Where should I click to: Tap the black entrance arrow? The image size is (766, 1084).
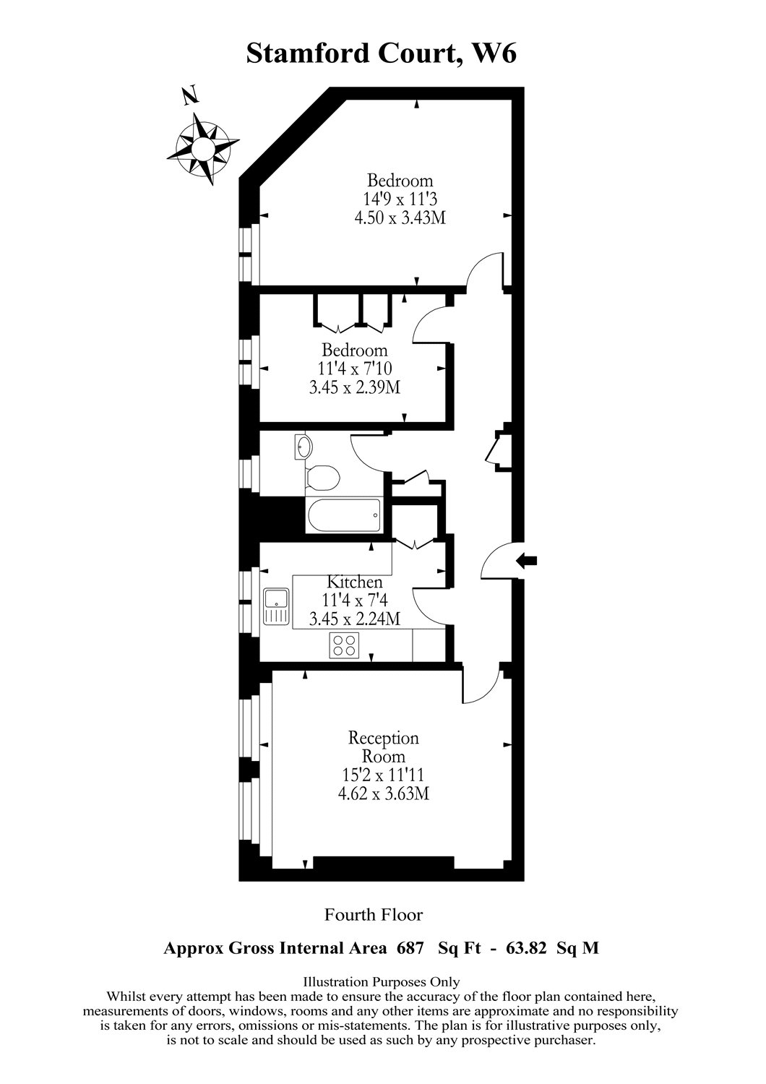point(527,559)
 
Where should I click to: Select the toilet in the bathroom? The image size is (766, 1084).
point(322,478)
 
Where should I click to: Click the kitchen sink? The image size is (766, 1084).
point(276,606)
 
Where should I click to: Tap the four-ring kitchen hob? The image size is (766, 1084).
point(345,645)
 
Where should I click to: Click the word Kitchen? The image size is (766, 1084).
point(355,582)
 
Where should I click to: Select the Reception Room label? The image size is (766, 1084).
point(384,747)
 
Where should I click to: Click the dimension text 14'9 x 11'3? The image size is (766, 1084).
point(400,199)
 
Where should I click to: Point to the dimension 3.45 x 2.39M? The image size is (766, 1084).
point(354,388)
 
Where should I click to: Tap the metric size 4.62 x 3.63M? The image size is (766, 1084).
point(384,794)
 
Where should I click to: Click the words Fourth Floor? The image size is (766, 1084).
point(374,915)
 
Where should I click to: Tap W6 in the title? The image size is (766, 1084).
point(494,53)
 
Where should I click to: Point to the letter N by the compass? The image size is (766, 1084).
point(189,96)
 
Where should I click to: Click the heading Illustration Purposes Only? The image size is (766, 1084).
point(381,981)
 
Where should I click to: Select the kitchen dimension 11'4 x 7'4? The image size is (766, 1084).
point(355,600)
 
